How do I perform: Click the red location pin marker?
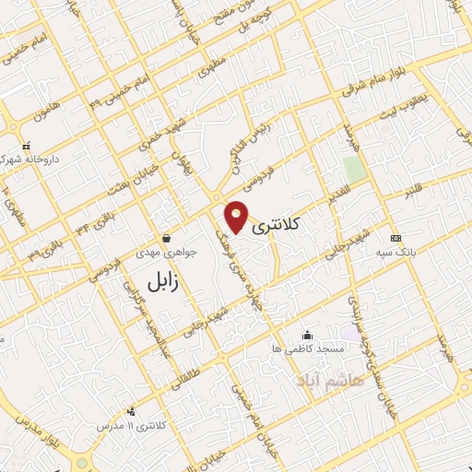[x=237, y=217]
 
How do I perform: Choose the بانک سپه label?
[x=395, y=251]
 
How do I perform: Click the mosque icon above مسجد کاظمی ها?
[x=307, y=336]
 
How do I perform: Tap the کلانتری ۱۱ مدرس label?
[x=133, y=425]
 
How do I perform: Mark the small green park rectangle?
[x=353, y=169]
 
